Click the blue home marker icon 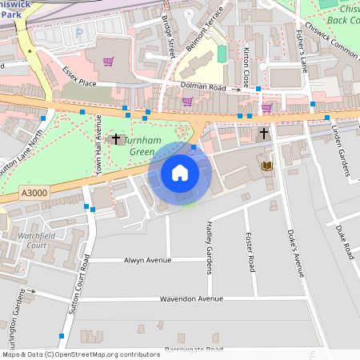coord(179,173)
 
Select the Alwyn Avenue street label coord(148,261)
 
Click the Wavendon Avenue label coord(190,298)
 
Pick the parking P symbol coord(78,34)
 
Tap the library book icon coord(267,166)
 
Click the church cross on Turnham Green coord(115,139)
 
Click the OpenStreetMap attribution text coord(80,354)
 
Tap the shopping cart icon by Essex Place coord(108,61)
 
